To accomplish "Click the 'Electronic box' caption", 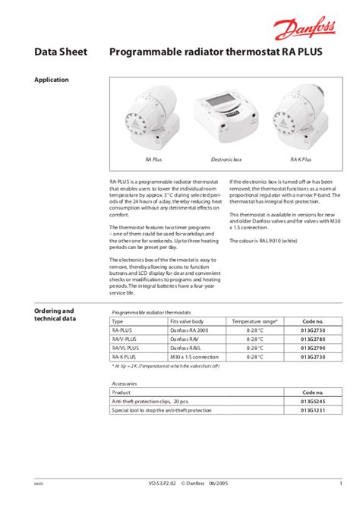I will coord(226,159).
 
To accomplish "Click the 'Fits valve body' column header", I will coord(186,322).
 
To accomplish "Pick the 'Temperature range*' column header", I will coord(254,322).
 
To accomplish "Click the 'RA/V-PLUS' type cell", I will coord(125,339).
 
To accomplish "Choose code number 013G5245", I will coord(313,402).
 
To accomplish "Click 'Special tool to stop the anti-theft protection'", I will coord(162,410).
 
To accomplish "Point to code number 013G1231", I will coord(313,410).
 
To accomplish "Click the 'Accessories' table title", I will coord(124,383).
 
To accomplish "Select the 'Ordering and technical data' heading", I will coord(55,315).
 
